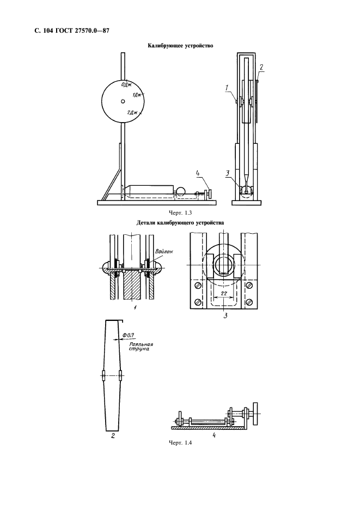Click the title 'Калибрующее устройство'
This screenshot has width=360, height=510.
tap(180, 46)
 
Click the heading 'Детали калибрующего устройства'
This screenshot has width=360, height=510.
tap(180, 223)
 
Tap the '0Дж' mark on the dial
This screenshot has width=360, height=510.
tap(125, 84)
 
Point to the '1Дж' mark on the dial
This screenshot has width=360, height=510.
tap(137, 95)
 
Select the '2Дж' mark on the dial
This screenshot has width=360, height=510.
tap(132, 113)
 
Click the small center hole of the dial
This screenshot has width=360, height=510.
tap(123, 101)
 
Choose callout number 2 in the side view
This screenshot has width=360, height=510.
tap(261, 68)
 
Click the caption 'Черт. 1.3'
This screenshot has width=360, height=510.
tap(180, 212)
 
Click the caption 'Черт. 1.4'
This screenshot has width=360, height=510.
tap(180, 442)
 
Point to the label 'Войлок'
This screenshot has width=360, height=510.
tap(164, 251)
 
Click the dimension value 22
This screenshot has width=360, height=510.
tap(224, 294)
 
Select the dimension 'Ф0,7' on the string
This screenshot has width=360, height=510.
tap(128, 335)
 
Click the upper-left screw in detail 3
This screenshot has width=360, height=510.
tap(198, 286)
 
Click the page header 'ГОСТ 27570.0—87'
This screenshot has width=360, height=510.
tap(80, 31)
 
